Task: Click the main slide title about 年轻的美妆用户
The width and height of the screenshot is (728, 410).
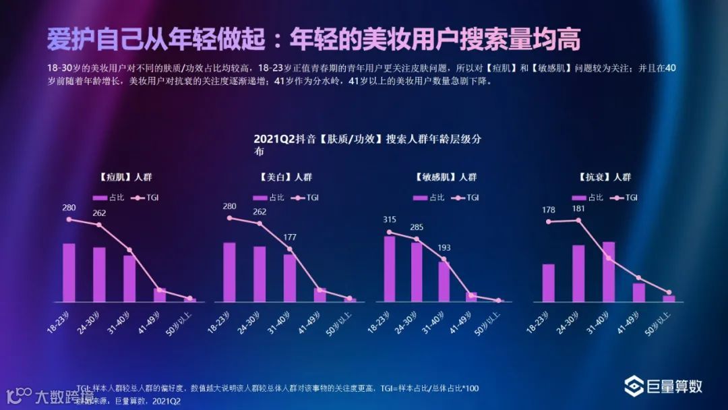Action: pos(313,40)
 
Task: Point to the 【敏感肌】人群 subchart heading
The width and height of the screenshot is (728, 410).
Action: pos(446,177)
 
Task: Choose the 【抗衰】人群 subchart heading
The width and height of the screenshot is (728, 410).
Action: pos(605,177)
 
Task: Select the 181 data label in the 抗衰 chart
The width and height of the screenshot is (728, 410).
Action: pos(577,208)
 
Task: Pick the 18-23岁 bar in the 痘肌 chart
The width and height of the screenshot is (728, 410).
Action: pos(69,272)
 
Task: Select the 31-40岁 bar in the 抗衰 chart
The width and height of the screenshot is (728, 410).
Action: pos(609,271)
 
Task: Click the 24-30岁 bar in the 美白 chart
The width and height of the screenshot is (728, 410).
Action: pos(260,274)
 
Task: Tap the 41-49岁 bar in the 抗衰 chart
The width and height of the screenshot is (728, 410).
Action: pos(638,292)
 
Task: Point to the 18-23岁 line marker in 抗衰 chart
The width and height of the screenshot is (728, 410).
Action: pos(549,221)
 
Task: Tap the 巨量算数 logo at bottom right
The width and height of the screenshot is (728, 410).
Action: pos(663,386)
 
